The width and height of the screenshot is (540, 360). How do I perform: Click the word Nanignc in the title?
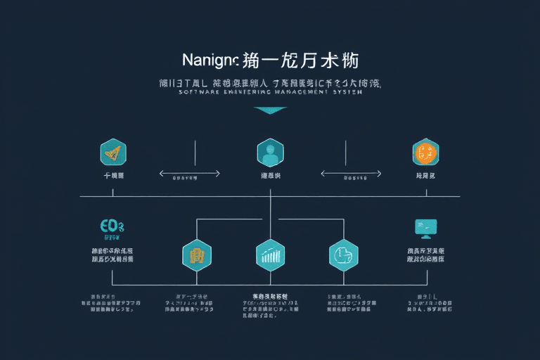210,60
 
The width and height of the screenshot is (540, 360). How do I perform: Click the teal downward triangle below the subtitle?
270,110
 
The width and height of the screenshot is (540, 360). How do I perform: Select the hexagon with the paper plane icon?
113,151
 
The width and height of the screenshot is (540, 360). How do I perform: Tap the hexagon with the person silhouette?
270,151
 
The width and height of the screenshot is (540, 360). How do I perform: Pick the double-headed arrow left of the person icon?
191,173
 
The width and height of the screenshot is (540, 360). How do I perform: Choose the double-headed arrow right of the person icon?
352,173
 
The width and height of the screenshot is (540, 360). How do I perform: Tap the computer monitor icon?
426,226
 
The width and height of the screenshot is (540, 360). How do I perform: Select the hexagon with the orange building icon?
197,255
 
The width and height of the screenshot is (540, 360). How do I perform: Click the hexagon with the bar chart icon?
270,255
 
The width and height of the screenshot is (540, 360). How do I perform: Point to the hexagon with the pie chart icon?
344,255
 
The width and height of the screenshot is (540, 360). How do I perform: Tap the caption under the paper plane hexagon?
113,175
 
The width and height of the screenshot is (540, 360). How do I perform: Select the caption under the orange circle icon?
426,175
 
